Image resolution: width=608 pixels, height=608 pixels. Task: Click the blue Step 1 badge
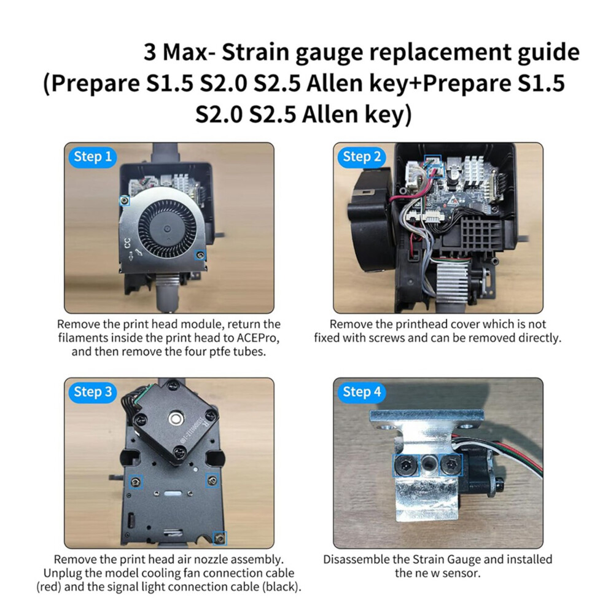click(x=93, y=157)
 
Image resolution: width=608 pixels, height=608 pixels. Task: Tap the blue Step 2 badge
click(x=362, y=157)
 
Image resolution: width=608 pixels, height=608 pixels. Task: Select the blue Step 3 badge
click(x=93, y=392)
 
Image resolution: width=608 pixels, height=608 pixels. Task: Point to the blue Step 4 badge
click(x=362, y=392)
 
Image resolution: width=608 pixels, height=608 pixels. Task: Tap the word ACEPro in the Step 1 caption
click(x=257, y=338)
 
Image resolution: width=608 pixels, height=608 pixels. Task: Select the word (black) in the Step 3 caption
click(x=282, y=587)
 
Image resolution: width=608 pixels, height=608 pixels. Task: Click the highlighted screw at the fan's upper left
click(x=124, y=200)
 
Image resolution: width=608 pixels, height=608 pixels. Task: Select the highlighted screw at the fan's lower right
click(x=200, y=255)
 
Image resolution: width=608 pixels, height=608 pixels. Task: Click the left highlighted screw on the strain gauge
click(x=406, y=465)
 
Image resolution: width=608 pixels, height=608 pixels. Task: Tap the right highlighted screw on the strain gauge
click(x=451, y=464)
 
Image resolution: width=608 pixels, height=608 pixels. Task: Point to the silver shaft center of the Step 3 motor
click(x=176, y=418)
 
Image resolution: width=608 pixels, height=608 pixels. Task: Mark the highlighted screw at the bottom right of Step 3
click(x=220, y=538)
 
